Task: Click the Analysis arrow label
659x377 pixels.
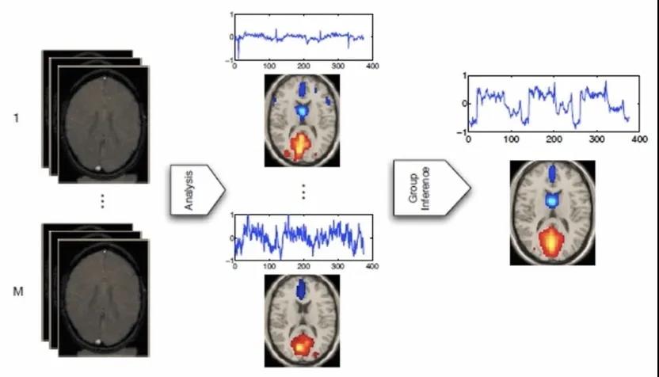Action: click(194, 190)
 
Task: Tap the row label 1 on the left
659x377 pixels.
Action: click(17, 118)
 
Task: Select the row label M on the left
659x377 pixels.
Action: click(17, 292)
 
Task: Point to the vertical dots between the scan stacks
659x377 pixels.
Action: click(102, 202)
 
